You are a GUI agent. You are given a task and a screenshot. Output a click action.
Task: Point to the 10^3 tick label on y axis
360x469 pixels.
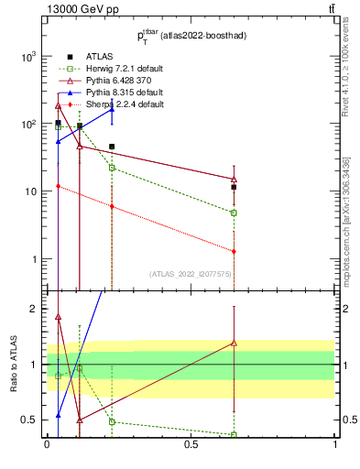[27, 56]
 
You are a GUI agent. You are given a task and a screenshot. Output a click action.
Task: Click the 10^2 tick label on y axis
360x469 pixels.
[27, 124]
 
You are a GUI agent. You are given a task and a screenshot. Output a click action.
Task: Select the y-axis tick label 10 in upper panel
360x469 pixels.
[30, 191]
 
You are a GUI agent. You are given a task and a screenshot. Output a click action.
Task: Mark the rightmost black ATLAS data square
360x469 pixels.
[234, 187]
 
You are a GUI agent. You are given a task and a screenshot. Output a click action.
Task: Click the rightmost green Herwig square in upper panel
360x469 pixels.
[234, 213]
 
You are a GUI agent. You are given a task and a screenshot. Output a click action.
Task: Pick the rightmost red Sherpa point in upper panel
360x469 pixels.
[234, 251]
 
